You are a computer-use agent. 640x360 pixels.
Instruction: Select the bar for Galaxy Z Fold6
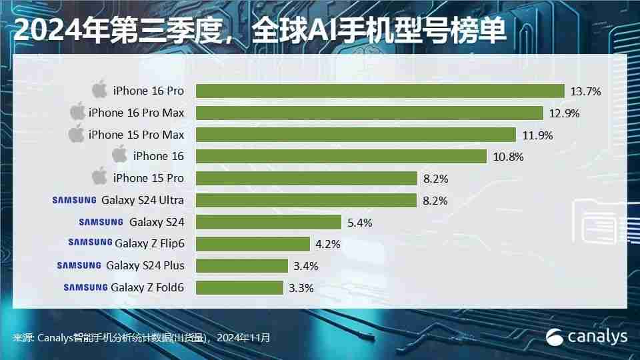point(239,287)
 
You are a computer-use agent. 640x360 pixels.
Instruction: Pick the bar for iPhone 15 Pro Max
point(355,135)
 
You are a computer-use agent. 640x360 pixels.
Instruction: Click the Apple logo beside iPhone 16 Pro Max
point(78,112)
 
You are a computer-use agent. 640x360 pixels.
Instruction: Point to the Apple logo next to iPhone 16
point(119,156)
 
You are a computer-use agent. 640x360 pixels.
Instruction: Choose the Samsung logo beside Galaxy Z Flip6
point(90,243)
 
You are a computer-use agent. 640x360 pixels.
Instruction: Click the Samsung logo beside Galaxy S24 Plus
point(79,265)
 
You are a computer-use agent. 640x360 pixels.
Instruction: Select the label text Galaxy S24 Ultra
point(143,200)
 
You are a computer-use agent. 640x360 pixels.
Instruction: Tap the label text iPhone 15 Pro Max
point(136,135)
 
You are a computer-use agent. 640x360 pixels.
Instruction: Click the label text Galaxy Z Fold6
point(147,287)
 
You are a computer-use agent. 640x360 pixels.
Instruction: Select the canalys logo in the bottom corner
point(587,337)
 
